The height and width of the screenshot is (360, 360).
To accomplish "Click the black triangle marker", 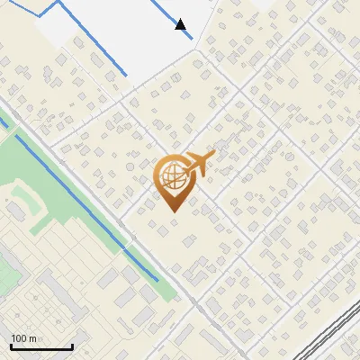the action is point(181,24).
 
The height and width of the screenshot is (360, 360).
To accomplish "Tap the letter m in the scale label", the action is point(33,338).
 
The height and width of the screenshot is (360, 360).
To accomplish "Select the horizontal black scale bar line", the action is point(41,346).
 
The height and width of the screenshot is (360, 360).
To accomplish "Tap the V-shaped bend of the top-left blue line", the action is point(41,16).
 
